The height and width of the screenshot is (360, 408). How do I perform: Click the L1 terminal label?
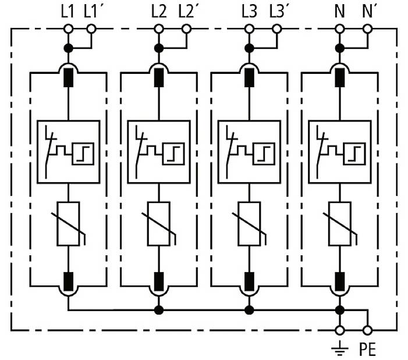point(68,10)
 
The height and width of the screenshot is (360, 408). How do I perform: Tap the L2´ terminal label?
point(187,10)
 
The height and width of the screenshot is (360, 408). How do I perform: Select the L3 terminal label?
point(249,10)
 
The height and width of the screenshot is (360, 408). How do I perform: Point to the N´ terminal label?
point(368,10)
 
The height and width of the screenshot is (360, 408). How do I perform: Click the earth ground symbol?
point(340,348)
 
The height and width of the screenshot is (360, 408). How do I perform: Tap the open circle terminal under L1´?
point(91,28)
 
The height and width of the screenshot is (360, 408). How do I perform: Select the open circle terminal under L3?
point(249,28)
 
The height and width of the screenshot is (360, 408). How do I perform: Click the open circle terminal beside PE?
point(367,330)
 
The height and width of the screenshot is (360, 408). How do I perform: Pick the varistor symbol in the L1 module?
point(69,223)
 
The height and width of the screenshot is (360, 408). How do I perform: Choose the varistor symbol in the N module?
point(339,223)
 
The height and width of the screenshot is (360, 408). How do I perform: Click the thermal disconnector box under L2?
point(158,151)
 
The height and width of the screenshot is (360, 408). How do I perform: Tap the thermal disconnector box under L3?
point(249,151)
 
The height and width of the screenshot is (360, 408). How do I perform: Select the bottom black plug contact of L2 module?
point(158,281)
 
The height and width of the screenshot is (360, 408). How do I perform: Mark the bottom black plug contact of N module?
point(339,281)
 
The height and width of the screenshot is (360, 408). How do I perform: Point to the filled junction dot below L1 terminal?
point(68,48)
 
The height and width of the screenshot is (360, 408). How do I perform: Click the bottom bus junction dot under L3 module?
point(249,309)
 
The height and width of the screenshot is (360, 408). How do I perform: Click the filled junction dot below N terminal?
point(339,48)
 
